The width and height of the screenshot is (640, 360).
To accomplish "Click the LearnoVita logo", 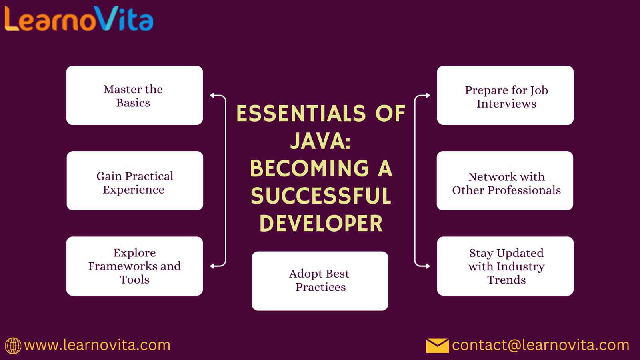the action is (x=79, y=19).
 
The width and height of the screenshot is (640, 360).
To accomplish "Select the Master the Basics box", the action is (x=134, y=96).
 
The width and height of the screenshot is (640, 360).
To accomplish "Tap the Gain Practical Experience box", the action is (x=135, y=181).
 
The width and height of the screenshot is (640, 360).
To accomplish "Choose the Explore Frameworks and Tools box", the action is (x=134, y=266).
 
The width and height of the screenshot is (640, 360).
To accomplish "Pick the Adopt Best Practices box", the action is (x=320, y=281).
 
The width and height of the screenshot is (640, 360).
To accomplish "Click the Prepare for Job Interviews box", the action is (x=506, y=96).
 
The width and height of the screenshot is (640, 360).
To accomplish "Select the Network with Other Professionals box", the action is (x=505, y=181).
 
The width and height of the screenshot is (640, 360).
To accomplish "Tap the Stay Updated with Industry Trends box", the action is (x=506, y=266).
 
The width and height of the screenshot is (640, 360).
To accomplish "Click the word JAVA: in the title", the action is (x=320, y=141).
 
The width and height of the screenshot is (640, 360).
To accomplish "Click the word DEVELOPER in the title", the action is (x=321, y=223).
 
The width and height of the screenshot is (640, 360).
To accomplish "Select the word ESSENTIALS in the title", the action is (x=301, y=114).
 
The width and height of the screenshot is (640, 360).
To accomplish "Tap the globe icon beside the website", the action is (x=13, y=346).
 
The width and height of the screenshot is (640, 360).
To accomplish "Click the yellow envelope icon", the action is (x=438, y=346).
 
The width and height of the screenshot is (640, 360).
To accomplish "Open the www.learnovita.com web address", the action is (x=97, y=346).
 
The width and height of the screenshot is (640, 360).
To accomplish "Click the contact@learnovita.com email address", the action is (x=540, y=346).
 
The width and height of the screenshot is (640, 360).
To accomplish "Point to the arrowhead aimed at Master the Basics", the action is (x=212, y=96).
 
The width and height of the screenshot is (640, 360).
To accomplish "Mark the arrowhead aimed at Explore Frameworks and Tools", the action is (x=212, y=266).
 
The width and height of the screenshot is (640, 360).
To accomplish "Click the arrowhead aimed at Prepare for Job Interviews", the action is (x=428, y=96).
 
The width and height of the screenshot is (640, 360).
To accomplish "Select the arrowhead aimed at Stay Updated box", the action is (x=428, y=266).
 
